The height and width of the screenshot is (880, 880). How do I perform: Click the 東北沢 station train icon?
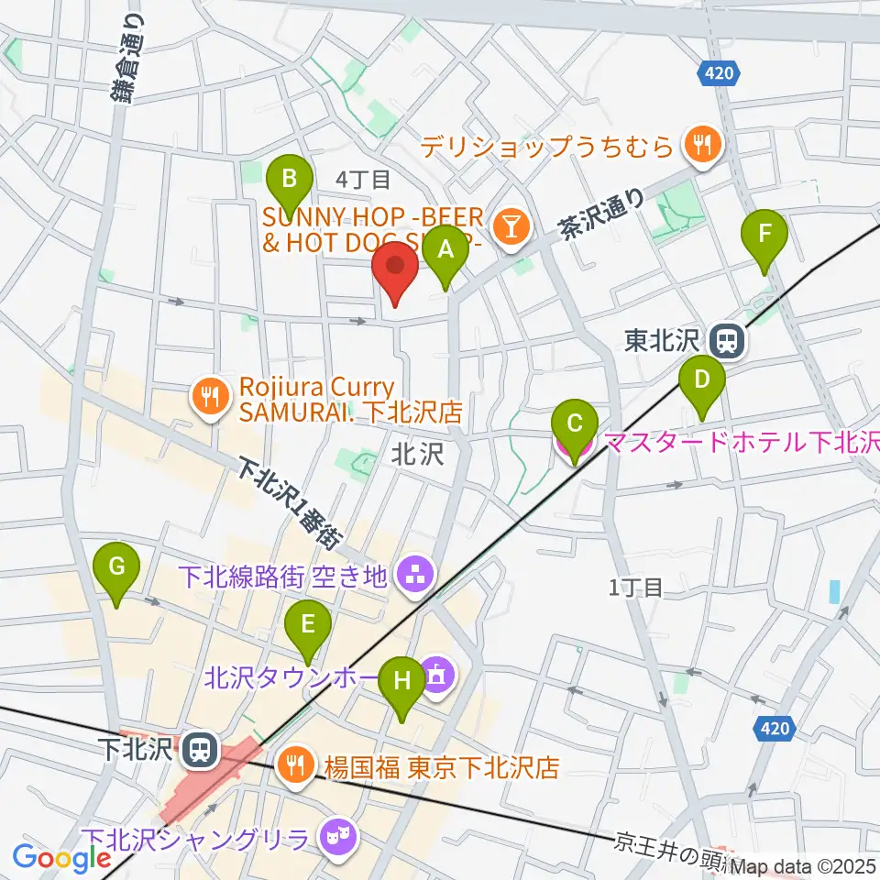coord(727,341)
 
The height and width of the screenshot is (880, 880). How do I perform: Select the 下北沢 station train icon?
coord(197,751)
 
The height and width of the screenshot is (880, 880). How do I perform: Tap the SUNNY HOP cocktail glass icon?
coord(509,223)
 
